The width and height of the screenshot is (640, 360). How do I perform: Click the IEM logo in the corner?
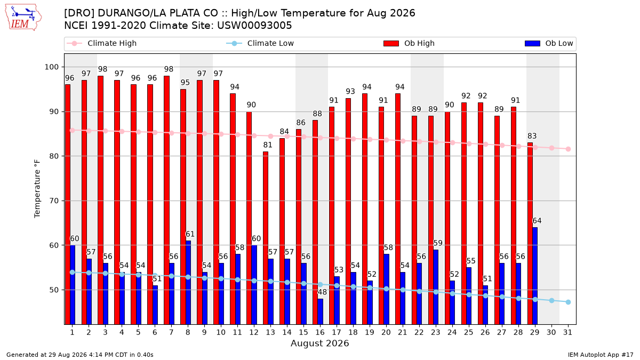23,18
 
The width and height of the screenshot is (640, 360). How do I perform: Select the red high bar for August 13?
266,238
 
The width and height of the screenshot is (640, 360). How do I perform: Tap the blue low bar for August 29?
535,276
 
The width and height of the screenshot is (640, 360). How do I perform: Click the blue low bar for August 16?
320,311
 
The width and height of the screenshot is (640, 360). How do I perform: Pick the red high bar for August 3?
100,201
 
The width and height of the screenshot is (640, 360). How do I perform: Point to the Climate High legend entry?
102,43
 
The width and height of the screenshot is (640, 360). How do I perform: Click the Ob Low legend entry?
549,43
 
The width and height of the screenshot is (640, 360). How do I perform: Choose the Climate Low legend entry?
260,43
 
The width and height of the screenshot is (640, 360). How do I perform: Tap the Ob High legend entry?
409,43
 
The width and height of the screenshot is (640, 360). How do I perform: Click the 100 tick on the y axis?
51,67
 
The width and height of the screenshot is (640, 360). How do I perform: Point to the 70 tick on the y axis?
54,201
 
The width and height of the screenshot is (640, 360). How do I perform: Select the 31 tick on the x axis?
567,333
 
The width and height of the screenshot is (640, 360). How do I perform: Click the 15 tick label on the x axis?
303,333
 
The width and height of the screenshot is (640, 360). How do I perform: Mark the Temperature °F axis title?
37,189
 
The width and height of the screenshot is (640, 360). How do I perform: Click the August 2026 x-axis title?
319,343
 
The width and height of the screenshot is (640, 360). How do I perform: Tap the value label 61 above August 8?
190,234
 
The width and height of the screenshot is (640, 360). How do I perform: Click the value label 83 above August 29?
532,136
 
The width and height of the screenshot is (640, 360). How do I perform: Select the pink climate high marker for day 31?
568,149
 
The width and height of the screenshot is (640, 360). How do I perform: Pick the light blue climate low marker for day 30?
551,301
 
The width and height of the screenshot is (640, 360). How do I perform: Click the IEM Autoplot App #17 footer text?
601,355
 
